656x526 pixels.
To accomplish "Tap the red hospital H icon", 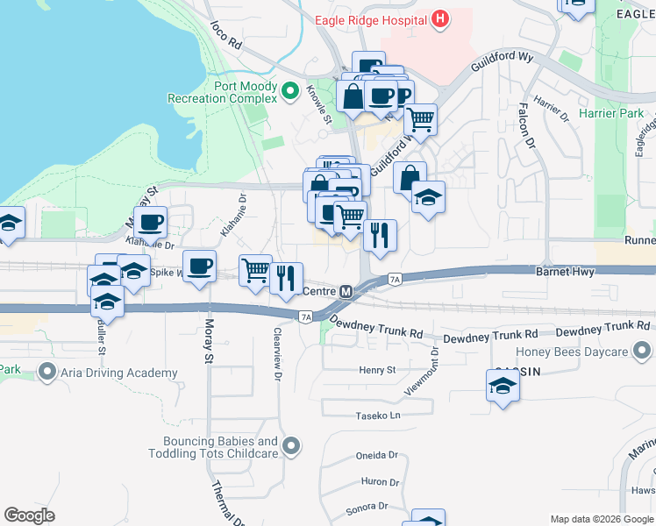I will coord(440,18).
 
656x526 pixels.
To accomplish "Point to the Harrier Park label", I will coord(610,114).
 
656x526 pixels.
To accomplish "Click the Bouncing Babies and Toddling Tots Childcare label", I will coord(221,447).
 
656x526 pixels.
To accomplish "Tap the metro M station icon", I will coord(346,291).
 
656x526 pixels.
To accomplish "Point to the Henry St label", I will coord(379,371).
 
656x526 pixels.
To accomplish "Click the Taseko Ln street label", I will coord(377,416).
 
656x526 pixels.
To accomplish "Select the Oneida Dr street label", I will coord(377,456).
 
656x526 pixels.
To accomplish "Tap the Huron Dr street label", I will coord(379,482).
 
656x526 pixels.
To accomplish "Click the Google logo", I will coord(29,515).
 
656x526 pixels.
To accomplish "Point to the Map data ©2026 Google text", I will coord(602,519).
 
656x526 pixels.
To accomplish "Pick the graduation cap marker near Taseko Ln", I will coord(503,386).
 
